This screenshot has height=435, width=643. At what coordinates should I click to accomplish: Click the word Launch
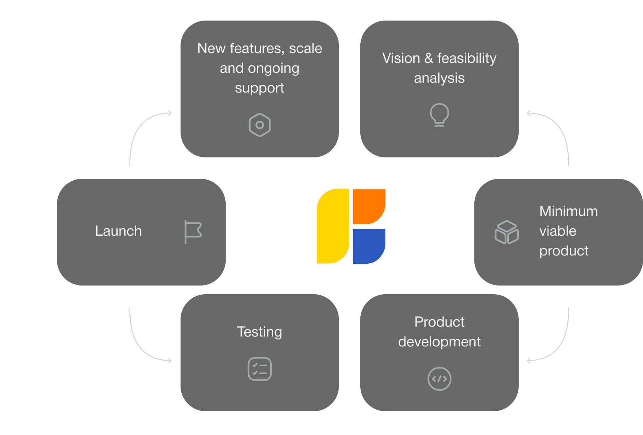(118, 231)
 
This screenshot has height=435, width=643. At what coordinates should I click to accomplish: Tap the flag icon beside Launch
(193, 232)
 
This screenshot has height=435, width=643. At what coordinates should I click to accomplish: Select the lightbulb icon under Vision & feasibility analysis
(439, 115)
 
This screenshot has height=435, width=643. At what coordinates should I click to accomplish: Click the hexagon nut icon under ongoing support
(260, 125)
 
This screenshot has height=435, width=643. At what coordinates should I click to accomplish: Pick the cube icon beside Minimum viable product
(507, 232)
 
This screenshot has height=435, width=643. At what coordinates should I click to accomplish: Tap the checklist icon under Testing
(260, 369)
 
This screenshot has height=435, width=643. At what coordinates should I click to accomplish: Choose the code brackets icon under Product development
(439, 379)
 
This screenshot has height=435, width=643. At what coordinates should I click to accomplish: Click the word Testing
(260, 332)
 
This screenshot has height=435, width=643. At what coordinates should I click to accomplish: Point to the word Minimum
(569, 211)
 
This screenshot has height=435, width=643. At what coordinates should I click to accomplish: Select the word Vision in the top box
(401, 58)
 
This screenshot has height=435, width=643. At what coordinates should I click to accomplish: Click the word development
(439, 342)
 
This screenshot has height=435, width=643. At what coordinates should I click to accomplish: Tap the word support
(260, 88)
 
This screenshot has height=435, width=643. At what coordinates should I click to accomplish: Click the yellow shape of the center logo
(333, 226)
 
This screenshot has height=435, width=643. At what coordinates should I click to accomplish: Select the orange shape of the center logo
(369, 206)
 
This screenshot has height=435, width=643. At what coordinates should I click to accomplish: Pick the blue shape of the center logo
(369, 246)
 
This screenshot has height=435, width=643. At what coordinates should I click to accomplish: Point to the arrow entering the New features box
(146, 121)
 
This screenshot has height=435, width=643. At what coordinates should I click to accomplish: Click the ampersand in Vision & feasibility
(429, 58)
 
